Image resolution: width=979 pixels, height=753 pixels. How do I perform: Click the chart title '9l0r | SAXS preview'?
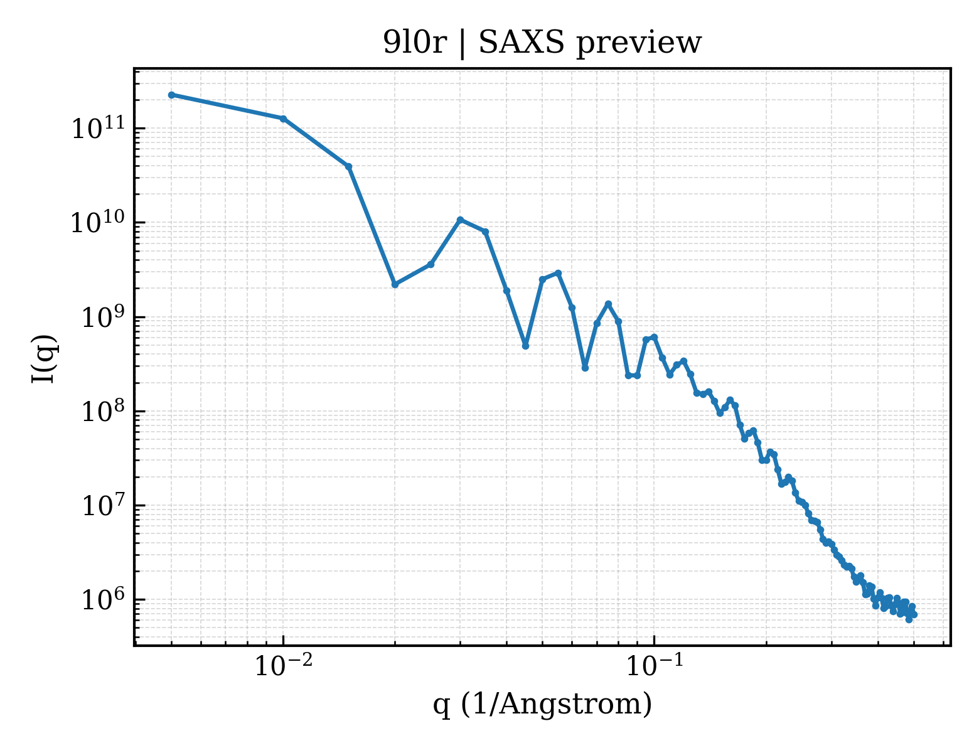click(542, 43)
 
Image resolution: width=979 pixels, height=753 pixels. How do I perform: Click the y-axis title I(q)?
click(44, 359)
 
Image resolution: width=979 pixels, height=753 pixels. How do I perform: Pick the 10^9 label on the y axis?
click(103, 316)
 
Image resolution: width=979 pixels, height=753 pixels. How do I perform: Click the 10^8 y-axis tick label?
click(103, 410)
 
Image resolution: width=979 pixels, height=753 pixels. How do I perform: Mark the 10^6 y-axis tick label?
click(103, 599)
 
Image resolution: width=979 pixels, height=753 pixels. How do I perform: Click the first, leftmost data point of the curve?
click(172, 95)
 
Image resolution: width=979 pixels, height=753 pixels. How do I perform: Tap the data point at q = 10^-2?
click(284, 119)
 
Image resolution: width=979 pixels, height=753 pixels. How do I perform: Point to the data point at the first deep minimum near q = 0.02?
click(395, 285)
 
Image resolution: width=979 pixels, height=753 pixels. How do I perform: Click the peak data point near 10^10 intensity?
click(460, 220)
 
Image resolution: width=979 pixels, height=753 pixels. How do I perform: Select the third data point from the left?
click(349, 167)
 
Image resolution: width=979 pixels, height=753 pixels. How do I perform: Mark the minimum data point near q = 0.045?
click(525, 346)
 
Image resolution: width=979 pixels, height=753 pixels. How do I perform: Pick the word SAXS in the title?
click(522, 43)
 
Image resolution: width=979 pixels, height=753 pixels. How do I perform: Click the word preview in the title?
click(639, 44)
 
